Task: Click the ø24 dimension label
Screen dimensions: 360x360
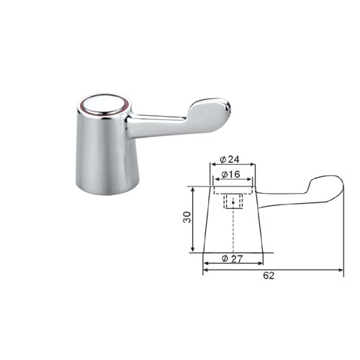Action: [x=230, y=159]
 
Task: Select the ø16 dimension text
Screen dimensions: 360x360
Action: [x=230, y=174]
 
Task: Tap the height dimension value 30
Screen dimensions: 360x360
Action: [x=187, y=217]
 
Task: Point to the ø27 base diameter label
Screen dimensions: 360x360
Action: [x=233, y=258]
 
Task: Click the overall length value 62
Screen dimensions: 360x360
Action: [x=269, y=276]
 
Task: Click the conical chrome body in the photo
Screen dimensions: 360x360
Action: [x=107, y=153]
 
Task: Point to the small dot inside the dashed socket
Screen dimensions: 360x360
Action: [x=233, y=202]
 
